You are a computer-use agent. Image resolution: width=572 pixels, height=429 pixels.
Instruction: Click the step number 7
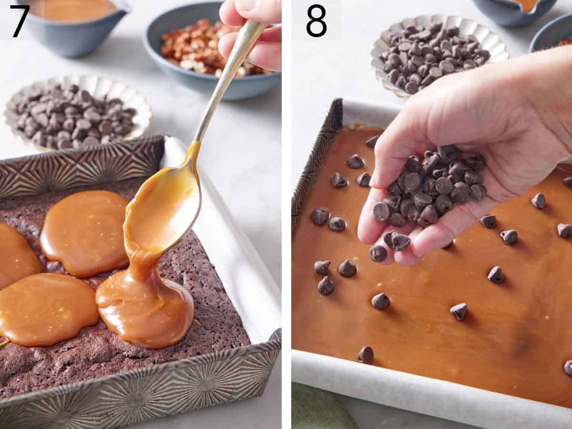tap(20, 21)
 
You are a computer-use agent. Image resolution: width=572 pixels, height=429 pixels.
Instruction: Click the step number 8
tap(316, 21)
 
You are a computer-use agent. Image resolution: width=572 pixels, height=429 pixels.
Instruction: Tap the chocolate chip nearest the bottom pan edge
tap(366, 355)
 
